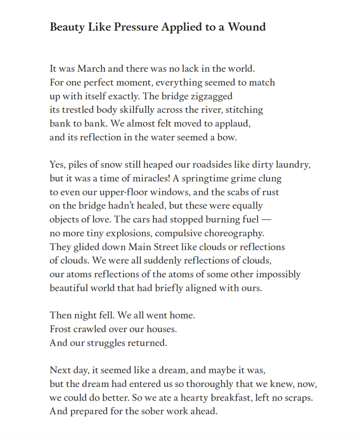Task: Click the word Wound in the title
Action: (247, 27)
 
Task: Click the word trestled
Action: (80, 110)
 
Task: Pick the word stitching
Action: (244, 110)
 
